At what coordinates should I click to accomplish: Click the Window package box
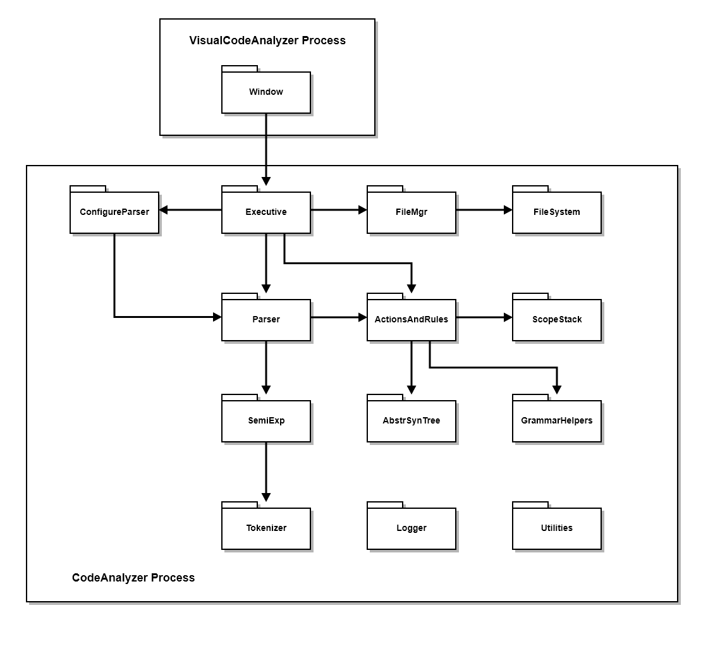tap(265, 92)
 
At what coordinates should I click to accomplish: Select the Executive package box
tap(265, 212)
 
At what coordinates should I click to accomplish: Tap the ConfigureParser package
tap(114, 212)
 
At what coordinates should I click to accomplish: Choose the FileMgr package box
tap(411, 212)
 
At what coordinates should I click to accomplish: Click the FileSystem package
tap(556, 212)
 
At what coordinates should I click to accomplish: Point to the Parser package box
tap(265, 320)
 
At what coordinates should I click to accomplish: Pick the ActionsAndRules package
tap(411, 320)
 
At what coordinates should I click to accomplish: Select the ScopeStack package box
tap(556, 320)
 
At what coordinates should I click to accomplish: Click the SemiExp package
tap(265, 421)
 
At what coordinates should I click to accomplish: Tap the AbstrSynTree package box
tap(411, 421)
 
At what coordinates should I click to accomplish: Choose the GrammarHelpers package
tap(556, 421)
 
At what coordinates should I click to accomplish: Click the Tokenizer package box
tap(265, 528)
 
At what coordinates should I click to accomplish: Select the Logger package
tap(411, 528)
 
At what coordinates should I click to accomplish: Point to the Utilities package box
tap(556, 528)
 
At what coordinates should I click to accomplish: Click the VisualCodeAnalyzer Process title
tap(267, 40)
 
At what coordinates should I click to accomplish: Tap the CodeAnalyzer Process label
tap(133, 578)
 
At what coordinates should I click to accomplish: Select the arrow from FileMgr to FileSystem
tap(484, 210)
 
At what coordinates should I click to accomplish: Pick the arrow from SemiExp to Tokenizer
tap(266, 471)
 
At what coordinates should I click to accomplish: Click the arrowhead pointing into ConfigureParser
tap(164, 210)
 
